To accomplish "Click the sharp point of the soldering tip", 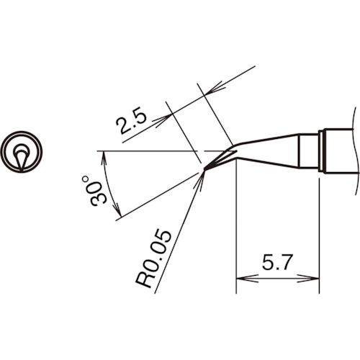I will tap(204, 170).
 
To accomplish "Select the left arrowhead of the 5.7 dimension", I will tap(241, 277).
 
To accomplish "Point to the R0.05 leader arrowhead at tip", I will tap(202, 176).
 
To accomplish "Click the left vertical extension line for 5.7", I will tap(236, 230).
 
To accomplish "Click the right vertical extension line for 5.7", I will tap(319, 230).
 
